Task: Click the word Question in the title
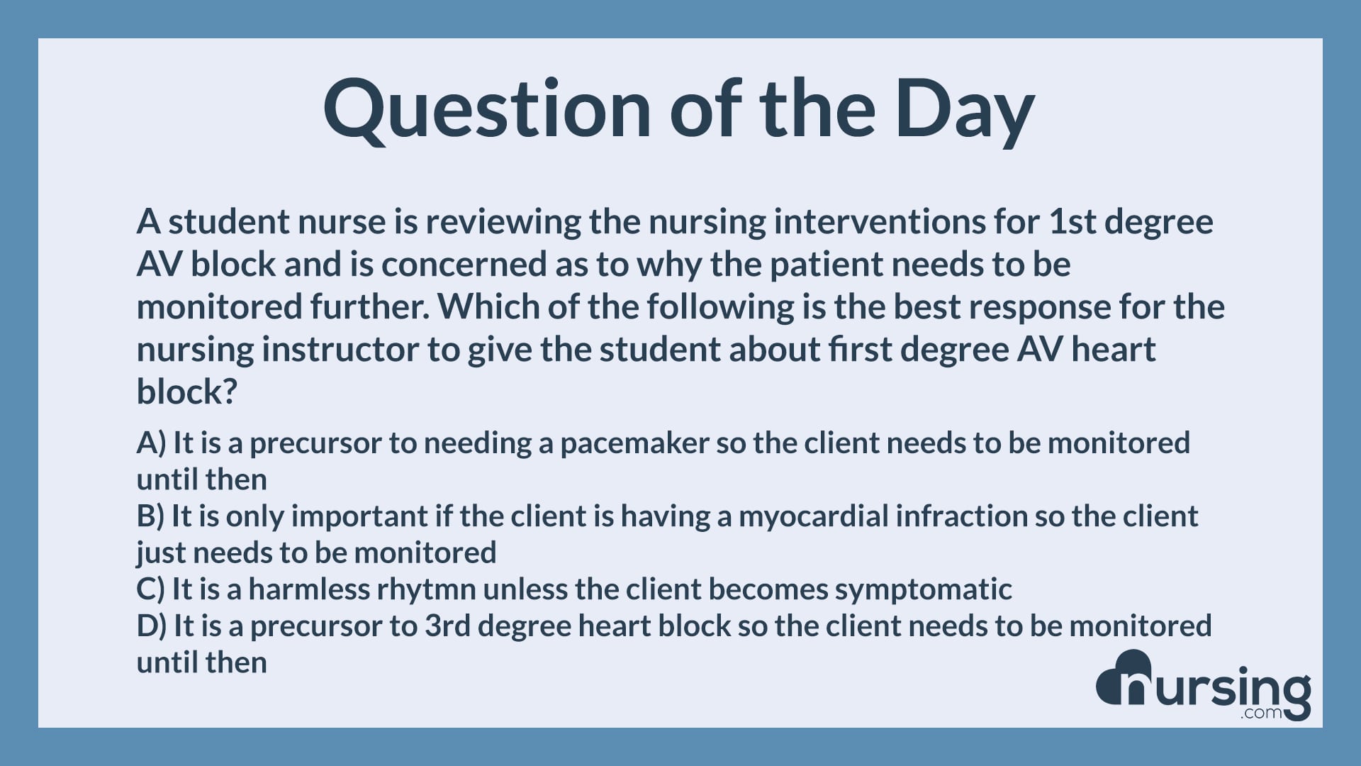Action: (x=486, y=110)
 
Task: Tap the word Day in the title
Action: (x=964, y=110)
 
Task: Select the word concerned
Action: (x=464, y=265)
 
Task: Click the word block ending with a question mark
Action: (x=186, y=392)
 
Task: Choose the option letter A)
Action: (x=151, y=443)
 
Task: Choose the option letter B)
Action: (x=150, y=516)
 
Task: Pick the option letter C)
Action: (x=150, y=589)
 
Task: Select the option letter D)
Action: (x=151, y=626)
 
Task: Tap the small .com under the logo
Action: (x=1261, y=713)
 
